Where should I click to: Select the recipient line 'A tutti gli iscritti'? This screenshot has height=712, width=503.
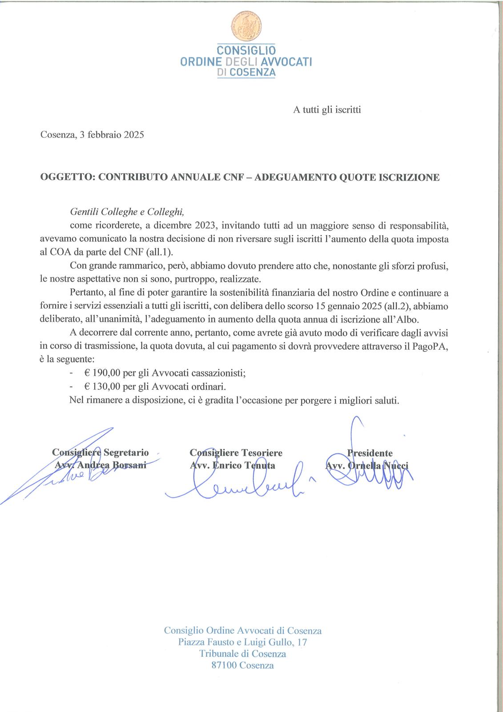(x=327, y=109)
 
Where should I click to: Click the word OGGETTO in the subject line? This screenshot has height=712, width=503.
(x=67, y=178)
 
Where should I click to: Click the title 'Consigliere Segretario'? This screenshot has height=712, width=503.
(x=101, y=453)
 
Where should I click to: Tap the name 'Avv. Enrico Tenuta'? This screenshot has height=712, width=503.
(x=232, y=466)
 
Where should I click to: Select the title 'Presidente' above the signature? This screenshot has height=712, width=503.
(x=370, y=453)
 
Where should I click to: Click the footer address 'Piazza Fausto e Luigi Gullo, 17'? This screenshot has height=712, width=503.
(x=242, y=643)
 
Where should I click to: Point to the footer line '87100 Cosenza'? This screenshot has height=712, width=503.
(x=242, y=666)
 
